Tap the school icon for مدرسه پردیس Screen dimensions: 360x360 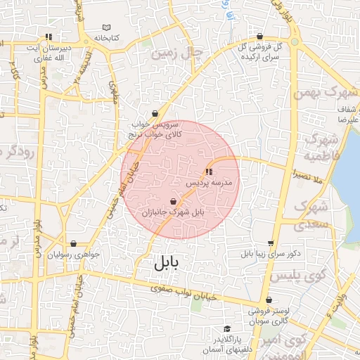tap(208, 172)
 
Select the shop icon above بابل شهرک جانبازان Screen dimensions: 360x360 tap(173, 202)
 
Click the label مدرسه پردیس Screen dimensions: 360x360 tap(213, 182)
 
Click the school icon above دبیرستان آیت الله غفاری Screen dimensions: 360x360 tap(49, 37)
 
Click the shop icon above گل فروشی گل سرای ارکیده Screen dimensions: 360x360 tap(260, 36)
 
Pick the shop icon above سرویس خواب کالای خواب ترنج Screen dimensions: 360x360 tap(155, 112)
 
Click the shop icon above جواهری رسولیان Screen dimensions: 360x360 tap(73, 244)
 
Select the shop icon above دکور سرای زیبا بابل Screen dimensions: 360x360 tap(270, 243)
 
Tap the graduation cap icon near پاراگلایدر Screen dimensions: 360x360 tap(226, 329)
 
